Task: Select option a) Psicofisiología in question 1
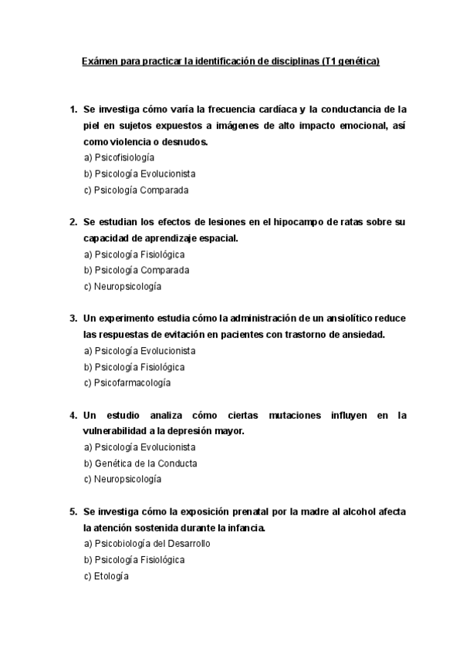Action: pos(119,157)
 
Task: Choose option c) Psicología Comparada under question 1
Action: pos(137,190)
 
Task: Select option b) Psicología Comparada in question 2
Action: pos(137,270)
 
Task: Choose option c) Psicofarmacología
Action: pos(127,383)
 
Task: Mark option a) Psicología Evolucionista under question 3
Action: pos(139,350)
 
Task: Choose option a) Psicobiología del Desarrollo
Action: pos(147,544)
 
